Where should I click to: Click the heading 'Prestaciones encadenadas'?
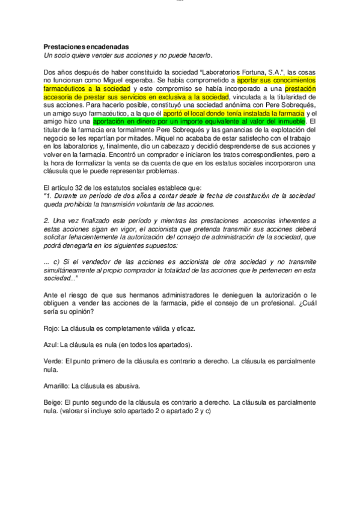click(86, 46)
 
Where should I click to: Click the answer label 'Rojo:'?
click(53, 329)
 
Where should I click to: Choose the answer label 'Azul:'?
click(52, 345)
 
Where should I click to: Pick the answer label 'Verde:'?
click(54, 361)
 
